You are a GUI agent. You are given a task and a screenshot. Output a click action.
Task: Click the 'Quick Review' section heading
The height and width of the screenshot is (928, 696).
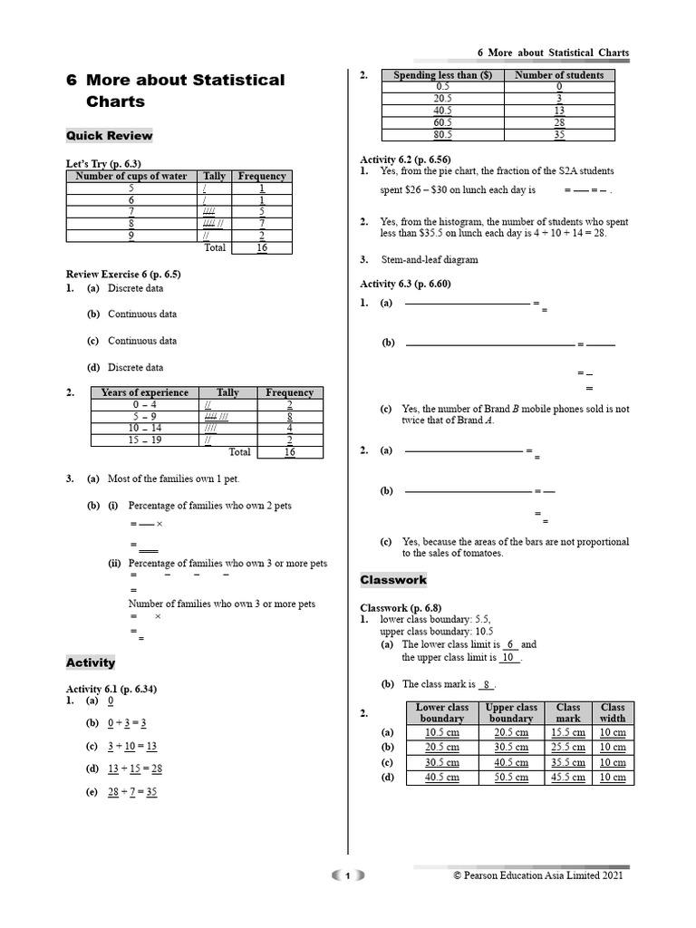click(x=109, y=136)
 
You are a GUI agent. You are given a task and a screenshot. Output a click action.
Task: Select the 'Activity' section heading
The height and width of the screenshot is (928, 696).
click(x=91, y=662)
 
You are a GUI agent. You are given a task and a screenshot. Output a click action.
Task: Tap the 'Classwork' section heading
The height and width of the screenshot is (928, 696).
click(x=393, y=580)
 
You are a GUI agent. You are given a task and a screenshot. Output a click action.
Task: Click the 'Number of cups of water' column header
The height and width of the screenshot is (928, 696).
click(x=131, y=176)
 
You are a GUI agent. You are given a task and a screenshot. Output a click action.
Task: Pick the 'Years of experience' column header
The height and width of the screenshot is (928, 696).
click(x=145, y=392)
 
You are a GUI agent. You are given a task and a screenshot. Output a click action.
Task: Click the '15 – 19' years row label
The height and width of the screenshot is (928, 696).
click(x=145, y=440)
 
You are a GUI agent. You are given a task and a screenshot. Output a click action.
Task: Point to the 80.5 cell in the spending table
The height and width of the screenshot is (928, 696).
click(x=442, y=134)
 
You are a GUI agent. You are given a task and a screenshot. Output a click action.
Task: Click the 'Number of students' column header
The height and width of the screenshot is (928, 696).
click(x=559, y=75)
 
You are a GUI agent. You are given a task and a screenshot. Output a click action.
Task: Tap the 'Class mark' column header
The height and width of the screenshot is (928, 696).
click(x=568, y=712)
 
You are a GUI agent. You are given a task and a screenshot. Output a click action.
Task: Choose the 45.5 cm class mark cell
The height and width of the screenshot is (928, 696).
click(x=568, y=778)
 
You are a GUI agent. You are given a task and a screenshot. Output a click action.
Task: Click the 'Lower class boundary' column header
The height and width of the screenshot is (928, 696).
click(x=442, y=712)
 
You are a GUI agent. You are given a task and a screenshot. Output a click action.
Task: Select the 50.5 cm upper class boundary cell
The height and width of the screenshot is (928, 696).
click(x=511, y=778)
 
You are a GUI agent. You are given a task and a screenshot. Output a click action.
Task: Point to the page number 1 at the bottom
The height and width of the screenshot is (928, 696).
click(x=347, y=875)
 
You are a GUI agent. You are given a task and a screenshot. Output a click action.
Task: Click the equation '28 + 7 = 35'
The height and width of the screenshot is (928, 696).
click(x=132, y=791)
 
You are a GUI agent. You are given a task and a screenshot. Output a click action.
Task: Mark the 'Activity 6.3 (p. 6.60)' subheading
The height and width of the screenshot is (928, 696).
click(x=405, y=284)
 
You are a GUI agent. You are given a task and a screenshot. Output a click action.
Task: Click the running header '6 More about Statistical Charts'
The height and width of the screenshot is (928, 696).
click(x=553, y=53)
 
